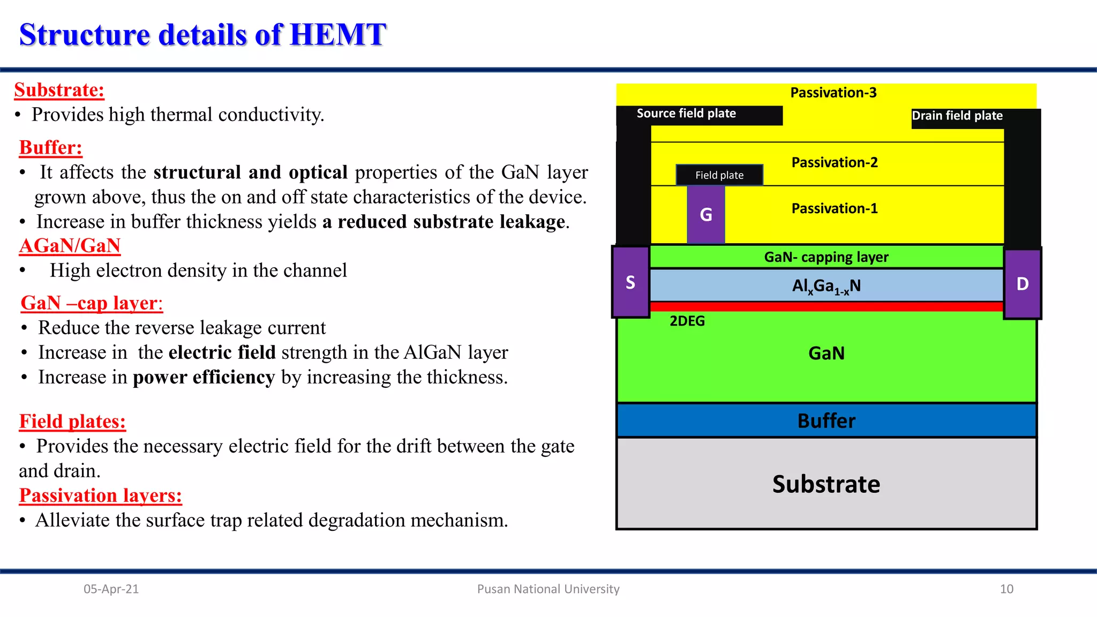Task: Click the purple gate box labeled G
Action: (706, 215)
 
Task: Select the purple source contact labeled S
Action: (630, 282)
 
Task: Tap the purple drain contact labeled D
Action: (1022, 283)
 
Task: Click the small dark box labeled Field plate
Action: (719, 175)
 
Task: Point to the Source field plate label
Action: (686, 114)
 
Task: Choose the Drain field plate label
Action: (957, 116)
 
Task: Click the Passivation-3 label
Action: (833, 93)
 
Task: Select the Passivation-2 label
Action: (835, 162)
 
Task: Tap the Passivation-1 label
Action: (835, 208)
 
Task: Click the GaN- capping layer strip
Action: (826, 257)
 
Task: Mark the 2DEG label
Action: (687, 321)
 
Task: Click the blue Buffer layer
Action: (826, 420)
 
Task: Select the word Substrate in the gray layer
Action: (826, 484)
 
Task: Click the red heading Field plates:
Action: (72, 422)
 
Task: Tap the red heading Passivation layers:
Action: (101, 495)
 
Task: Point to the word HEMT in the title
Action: (337, 35)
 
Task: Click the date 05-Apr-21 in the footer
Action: (111, 589)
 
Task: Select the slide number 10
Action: (1006, 589)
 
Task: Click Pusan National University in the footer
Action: (548, 589)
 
